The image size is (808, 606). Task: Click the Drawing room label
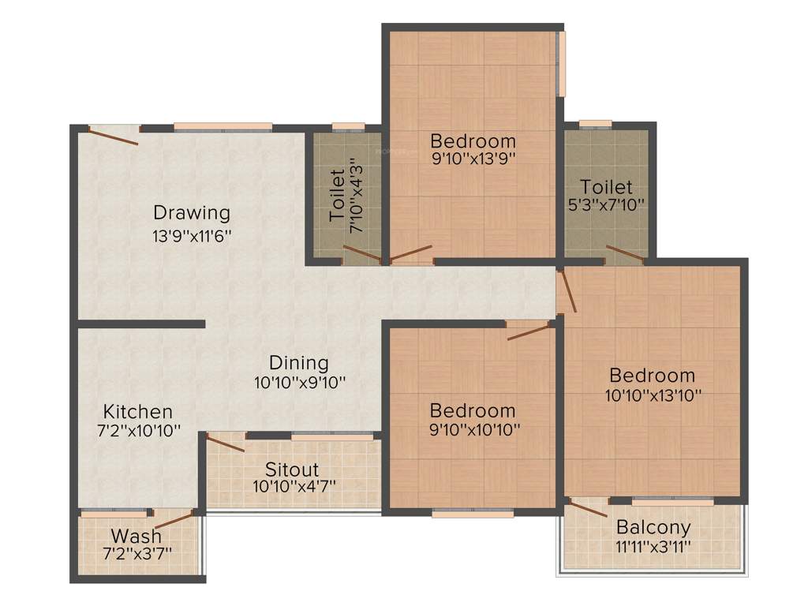[x=192, y=213]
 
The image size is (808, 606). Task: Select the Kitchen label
[x=138, y=412]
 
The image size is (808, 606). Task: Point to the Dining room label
[x=298, y=363]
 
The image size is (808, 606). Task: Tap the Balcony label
[x=653, y=527]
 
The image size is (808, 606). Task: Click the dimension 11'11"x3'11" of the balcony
[x=653, y=545]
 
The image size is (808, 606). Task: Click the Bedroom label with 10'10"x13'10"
[x=653, y=375]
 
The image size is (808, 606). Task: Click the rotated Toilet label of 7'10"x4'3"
[x=338, y=194]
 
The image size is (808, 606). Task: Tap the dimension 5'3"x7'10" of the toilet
[x=606, y=206]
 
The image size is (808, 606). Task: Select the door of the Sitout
[x=226, y=443]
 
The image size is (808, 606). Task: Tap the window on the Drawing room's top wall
[x=223, y=126]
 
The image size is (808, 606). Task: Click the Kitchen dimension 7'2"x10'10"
[x=138, y=432]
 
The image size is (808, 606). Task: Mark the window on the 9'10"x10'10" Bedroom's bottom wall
[x=473, y=513]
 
